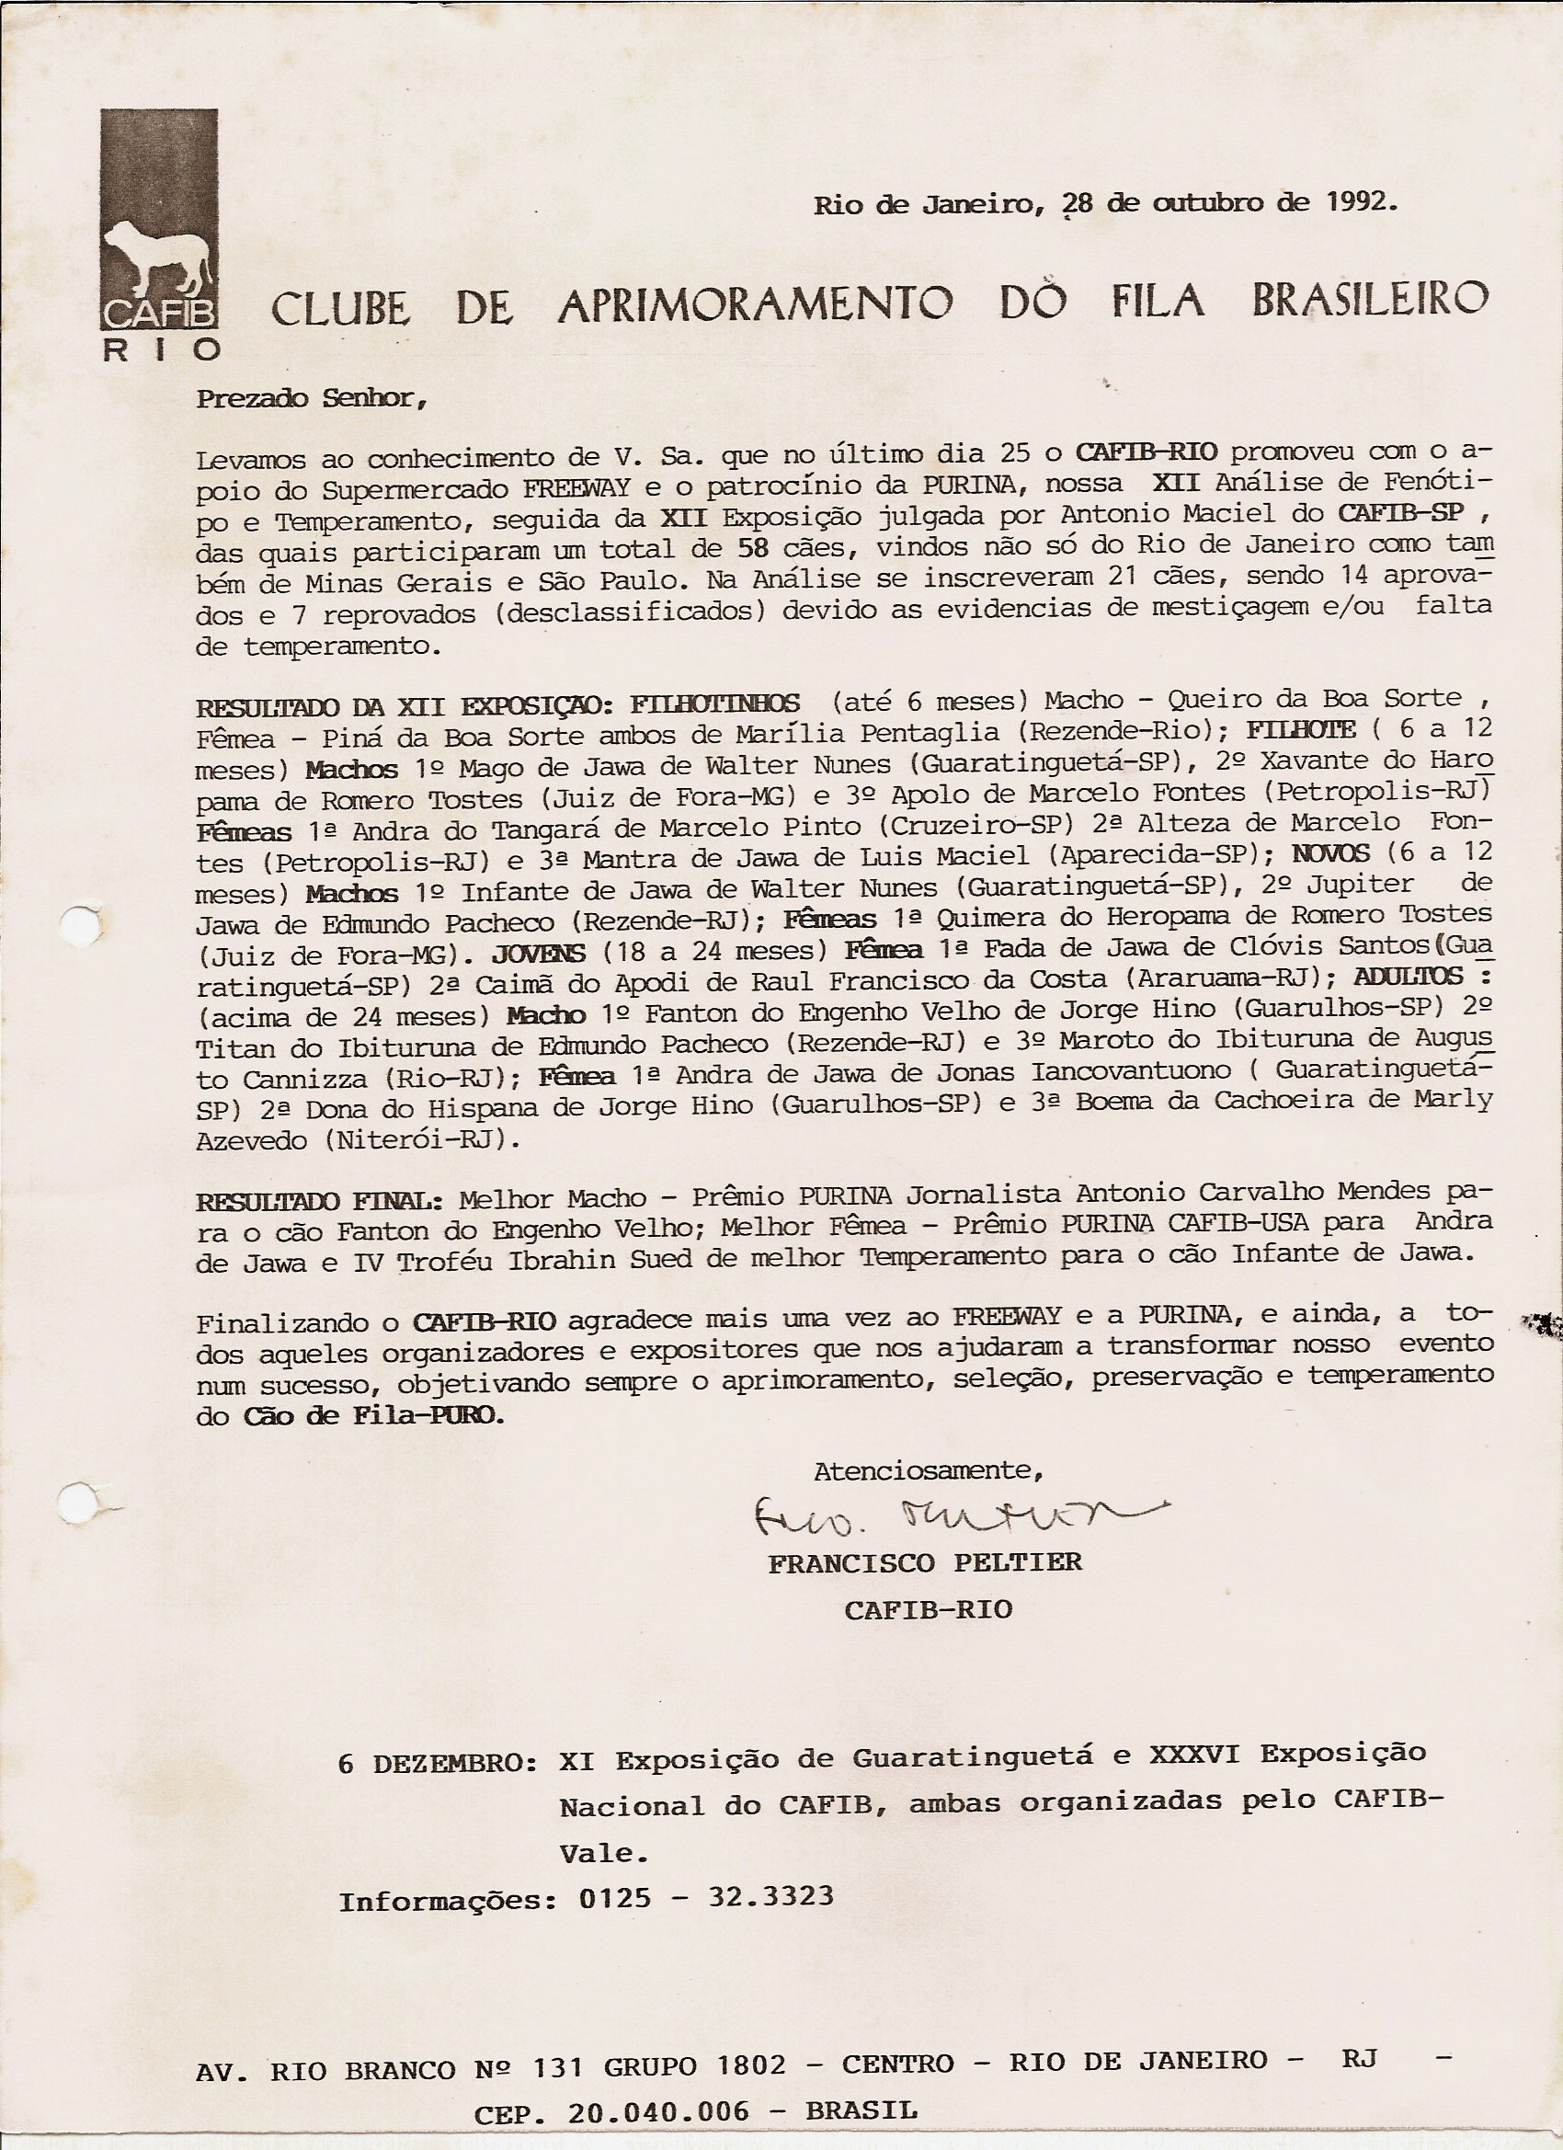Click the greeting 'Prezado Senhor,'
tap(312, 398)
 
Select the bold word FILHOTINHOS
tap(714, 704)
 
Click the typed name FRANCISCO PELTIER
tap(924, 1563)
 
